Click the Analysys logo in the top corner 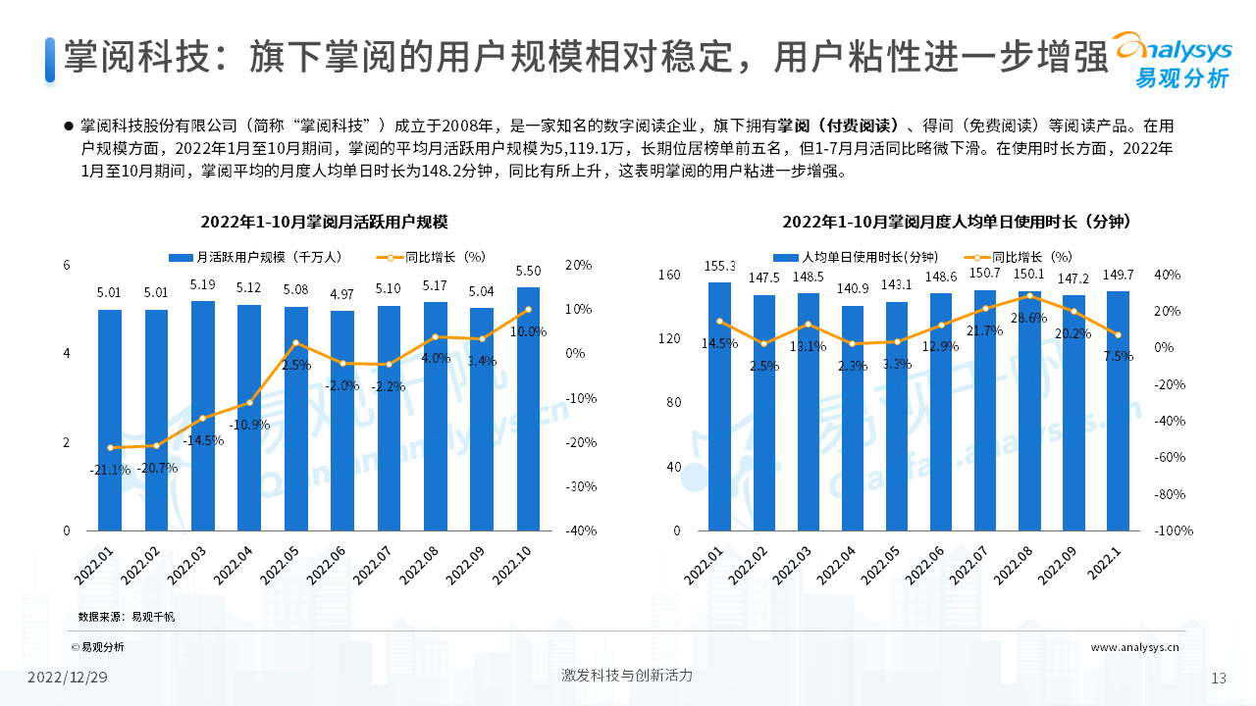point(1172,59)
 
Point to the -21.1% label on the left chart point(110,470)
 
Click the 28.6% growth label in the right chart point(1028,318)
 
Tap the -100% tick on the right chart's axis point(1173,530)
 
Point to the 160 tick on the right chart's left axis point(669,275)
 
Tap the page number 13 point(1220,679)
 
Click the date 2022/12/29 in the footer point(67,678)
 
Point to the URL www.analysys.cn point(1134,647)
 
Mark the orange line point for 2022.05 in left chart point(296,343)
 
